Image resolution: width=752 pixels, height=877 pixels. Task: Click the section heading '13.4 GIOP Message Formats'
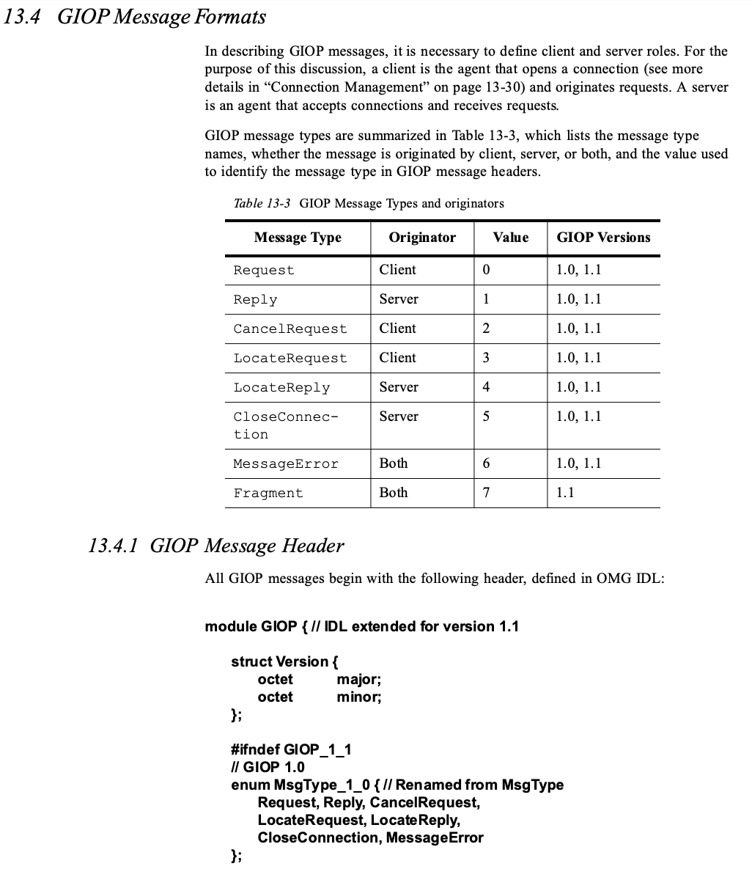[x=135, y=17]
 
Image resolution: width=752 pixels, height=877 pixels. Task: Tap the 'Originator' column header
[x=421, y=238]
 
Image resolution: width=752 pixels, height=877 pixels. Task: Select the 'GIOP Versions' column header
[x=603, y=238]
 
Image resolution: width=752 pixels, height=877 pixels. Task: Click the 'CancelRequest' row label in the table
[x=290, y=329]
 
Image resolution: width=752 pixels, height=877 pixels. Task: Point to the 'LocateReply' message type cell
[x=281, y=388]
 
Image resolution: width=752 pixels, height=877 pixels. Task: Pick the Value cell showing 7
[x=486, y=493]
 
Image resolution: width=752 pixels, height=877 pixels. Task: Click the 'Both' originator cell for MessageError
[x=394, y=463]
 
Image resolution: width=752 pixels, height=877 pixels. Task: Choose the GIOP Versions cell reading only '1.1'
[x=565, y=493]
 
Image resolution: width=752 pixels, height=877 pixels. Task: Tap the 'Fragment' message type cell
[x=268, y=493]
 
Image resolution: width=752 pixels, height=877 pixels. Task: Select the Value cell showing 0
[x=486, y=270]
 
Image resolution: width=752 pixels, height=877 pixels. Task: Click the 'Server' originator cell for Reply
[x=399, y=299]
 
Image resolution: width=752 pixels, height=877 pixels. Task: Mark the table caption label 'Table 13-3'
[x=262, y=203]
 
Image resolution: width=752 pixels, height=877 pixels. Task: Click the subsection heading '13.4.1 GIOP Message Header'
[x=215, y=546]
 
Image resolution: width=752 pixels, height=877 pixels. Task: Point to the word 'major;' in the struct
[x=359, y=679]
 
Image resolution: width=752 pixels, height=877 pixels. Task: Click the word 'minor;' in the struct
[x=359, y=697]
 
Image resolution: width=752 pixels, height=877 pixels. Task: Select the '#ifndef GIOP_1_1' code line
[x=291, y=749]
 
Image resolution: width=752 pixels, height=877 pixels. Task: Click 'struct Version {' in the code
[x=284, y=661]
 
